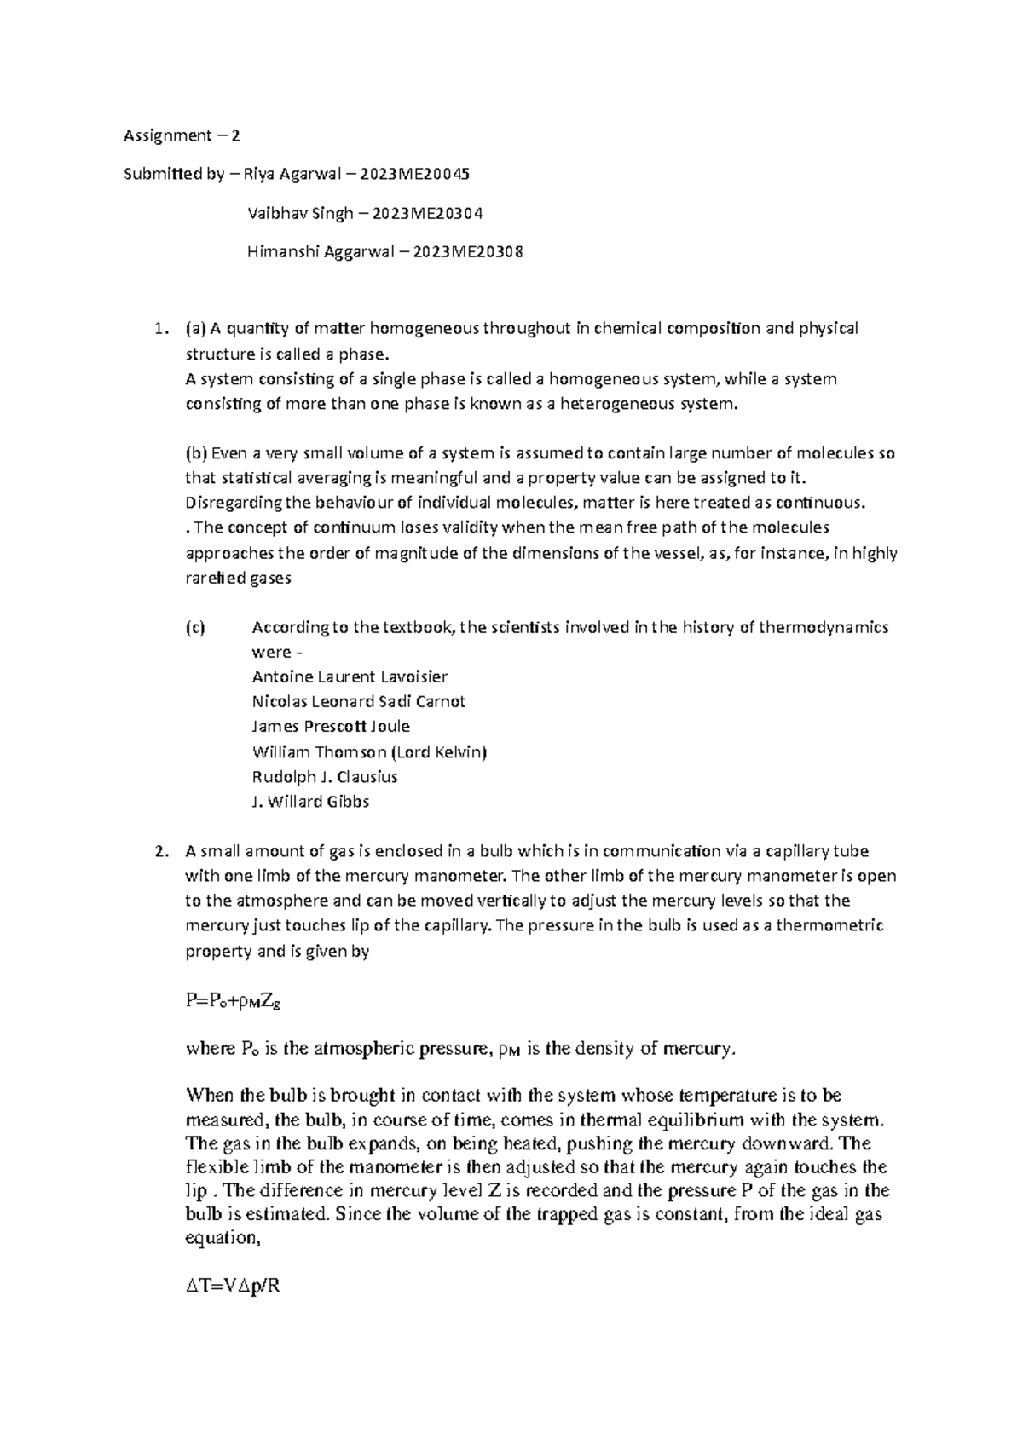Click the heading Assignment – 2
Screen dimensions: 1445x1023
pyautogui.click(x=182, y=135)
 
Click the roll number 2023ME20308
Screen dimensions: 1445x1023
pyautogui.click(x=468, y=252)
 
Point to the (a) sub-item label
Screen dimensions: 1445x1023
pyautogui.click(x=195, y=329)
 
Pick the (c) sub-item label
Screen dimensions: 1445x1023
pyautogui.click(x=195, y=628)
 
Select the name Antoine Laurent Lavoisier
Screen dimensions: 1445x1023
pyautogui.click(x=350, y=677)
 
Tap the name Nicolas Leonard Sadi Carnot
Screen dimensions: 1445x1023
pyautogui.click(x=359, y=702)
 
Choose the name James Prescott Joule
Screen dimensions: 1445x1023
pyautogui.click(x=331, y=727)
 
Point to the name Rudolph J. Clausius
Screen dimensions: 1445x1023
pyautogui.click(x=325, y=777)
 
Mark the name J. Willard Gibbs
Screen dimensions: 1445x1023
pyautogui.click(x=310, y=802)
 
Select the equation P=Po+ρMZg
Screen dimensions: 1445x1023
pyautogui.click(x=233, y=1002)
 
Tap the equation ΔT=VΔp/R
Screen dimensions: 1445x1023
pyautogui.click(x=233, y=1287)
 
